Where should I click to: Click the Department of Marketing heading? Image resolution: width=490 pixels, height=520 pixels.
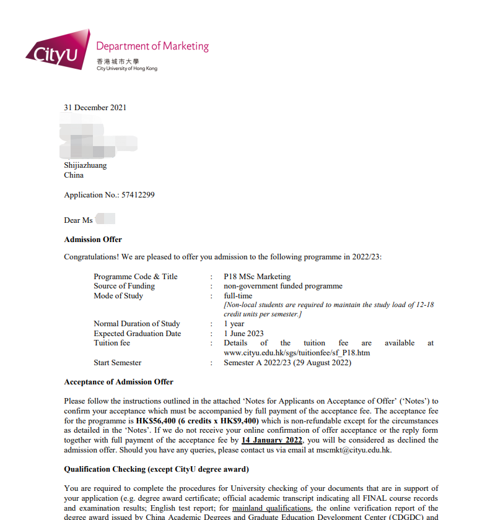152,46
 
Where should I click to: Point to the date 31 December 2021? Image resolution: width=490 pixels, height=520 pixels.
95,108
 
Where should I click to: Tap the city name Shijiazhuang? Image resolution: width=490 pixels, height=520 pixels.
85,165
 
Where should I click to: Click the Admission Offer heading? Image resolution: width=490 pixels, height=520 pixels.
93,240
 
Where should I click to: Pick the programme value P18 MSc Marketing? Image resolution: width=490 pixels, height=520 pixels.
257,277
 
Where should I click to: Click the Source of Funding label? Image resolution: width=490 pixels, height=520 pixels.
124,286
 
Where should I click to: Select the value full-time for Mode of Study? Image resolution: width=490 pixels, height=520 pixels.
238,296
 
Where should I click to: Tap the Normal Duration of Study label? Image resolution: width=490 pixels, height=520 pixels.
136,324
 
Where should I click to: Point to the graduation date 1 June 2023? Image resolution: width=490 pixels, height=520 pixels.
243,334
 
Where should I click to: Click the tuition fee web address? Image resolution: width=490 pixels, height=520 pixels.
297,353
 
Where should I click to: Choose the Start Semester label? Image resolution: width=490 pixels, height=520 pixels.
117,363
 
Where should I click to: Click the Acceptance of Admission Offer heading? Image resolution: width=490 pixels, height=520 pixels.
118,382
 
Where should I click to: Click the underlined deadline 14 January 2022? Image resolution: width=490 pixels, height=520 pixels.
272,440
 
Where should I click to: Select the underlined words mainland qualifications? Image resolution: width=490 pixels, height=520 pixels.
271,508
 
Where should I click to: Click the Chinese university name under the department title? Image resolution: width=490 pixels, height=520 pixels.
118,61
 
